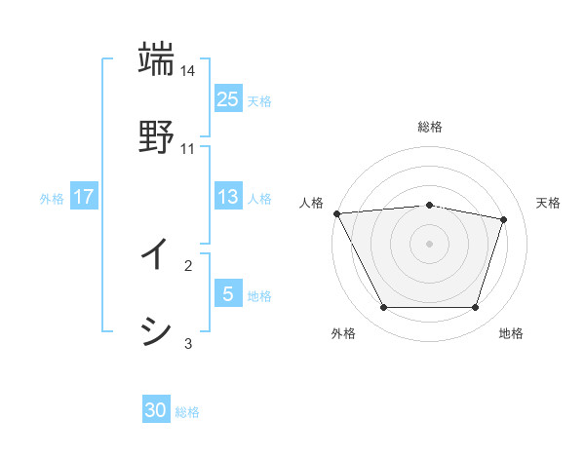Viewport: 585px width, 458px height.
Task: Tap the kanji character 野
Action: pos(156,135)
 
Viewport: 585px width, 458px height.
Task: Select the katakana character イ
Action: pos(156,254)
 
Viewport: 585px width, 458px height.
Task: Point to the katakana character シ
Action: pos(156,331)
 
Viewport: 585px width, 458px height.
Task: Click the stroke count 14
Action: pos(188,72)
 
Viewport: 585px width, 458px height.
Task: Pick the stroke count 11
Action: pos(188,148)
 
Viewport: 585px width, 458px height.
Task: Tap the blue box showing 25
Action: pos(228,98)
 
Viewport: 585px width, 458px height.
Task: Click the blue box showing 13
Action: pos(228,196)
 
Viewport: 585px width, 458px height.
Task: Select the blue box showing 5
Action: pos(228,293)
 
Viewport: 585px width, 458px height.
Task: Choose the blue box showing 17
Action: pos(84,196)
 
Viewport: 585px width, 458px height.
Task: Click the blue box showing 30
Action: pos(156,410)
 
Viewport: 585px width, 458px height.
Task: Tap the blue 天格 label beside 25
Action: pos(259,100)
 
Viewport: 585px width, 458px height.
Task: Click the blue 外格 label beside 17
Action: pos(52,198)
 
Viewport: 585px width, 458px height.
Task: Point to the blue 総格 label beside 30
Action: pos(187,412)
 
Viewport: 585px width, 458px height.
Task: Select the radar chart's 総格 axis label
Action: pos(430,127)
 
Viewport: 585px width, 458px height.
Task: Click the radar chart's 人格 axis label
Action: pos(312,203)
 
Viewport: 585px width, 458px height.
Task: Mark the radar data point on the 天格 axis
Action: pos(504,219)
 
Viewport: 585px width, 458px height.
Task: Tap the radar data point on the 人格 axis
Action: pos(336,213)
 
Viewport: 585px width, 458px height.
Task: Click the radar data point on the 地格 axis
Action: pos(476,308)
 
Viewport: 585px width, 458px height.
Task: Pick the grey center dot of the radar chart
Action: pos(430,244)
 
